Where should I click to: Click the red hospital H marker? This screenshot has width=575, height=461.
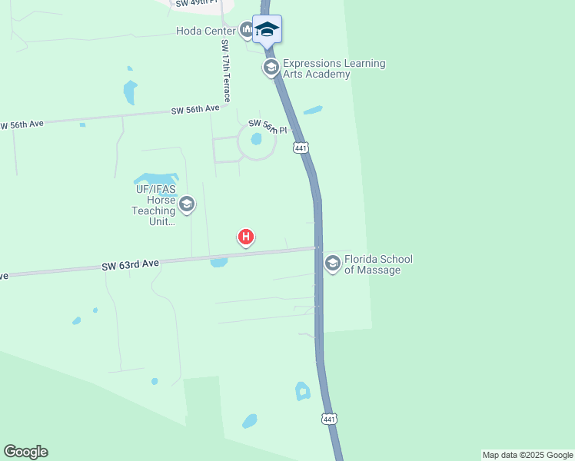click(x=245, y=237)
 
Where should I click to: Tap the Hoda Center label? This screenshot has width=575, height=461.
click(x=205, y=32)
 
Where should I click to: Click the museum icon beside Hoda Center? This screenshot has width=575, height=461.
click(x=247, y=31)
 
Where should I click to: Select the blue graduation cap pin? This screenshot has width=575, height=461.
click(x=267, y=30)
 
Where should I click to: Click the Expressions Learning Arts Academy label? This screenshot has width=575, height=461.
click(x=334, y=69)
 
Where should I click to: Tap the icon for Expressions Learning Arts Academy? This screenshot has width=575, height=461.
click(x=271, y=68)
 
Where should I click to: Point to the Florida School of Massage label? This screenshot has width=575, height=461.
click(x=378, y=264)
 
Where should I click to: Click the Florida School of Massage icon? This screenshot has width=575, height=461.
click(x=333, y=264)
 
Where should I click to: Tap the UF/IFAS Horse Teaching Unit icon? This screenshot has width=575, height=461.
click(x=186, y=205)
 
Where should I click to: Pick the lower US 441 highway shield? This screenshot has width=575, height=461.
click(x=329, y=419)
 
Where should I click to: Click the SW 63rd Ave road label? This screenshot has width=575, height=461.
click(x=130, y=264)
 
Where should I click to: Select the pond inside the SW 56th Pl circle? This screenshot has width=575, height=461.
click(x=256, y=140)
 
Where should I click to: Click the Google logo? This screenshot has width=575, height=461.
click(x=25, y=452)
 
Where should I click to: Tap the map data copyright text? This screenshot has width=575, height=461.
click(x=527, y=455)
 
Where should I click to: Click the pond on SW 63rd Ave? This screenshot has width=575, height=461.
click(x=218, y=262)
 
